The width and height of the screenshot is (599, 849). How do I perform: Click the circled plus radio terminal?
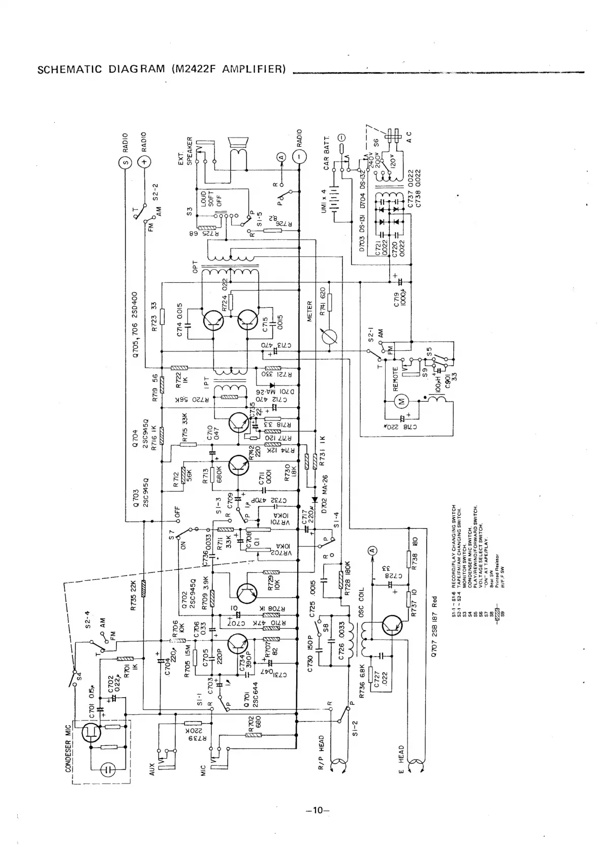(x=144, y=162)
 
